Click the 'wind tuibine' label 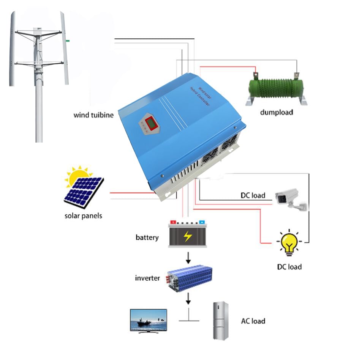pyautogui.click(x=93, y=115)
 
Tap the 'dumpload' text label pyautogui.click(x=277, y=112)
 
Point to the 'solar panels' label pyautogui.click(x=83, y=216)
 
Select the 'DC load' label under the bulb pyautogui.click(x=289, y=267)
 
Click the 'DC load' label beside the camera pyautogui.click(x=253, y=196)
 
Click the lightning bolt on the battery pyautogui.click(x=188, y=236)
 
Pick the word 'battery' pyautogui.click(x=147, y=237)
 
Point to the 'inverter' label pyautogui.click(x=147, y=278)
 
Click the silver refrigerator pyautogui.click(x=221, y=320)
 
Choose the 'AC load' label pyautogui.click(x=253, y=321)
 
